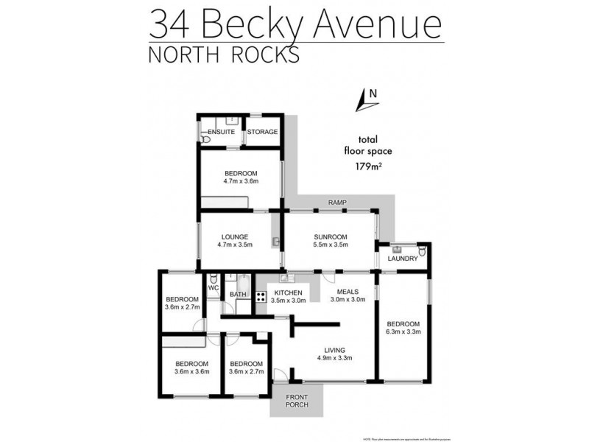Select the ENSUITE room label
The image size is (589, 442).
pyautogui.click(x=221, y=132)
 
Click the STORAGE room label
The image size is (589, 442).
pyautogui.click(x=262, y=132)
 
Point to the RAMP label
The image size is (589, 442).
pyautogui.click(x=338, y=203)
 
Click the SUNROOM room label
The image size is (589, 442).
pyautogui.click(x=330, y=236)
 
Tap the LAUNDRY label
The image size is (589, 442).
pyautogui.click(x=403, y=259)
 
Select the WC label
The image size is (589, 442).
pyautogui.click(x=214, y=288)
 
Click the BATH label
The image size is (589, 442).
pyautogui.click(x=238, y=295)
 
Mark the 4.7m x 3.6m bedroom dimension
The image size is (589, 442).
pyautogui.click(x=240, y=183)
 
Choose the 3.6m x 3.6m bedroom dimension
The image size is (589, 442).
pyautogui.click(x=192, y=371)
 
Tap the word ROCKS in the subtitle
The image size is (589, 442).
pyautogui.click(x=276, y=55)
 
